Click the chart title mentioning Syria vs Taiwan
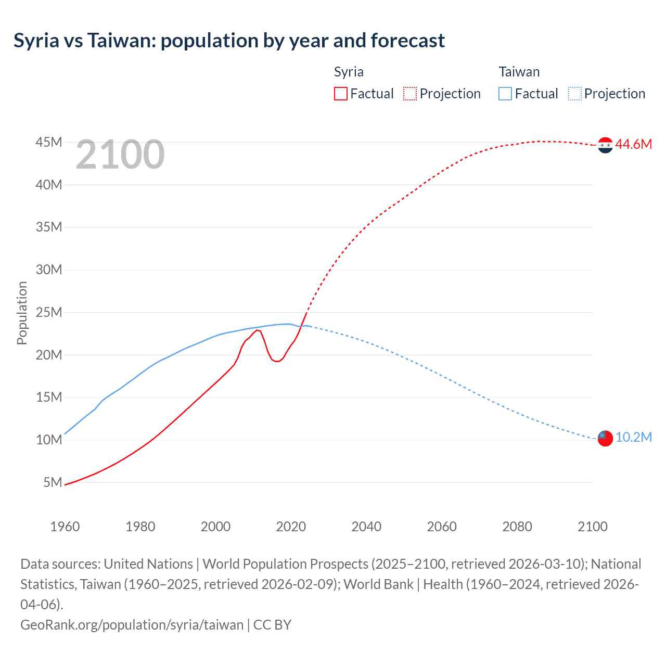229,41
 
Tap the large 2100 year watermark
120,155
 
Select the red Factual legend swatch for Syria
340,94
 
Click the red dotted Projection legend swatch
410,94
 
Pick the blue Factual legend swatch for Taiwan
505,94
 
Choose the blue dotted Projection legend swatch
574,94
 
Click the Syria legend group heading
349,72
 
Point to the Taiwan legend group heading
519,72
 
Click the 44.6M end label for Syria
633,145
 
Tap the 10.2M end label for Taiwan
633,437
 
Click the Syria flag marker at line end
605,145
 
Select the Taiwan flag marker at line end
605,438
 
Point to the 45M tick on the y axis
49,142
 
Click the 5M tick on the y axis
53,482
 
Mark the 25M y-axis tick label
49,312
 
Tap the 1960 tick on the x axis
65,527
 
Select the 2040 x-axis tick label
366,527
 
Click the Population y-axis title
22,313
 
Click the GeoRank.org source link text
132,624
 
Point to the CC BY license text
272,624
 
